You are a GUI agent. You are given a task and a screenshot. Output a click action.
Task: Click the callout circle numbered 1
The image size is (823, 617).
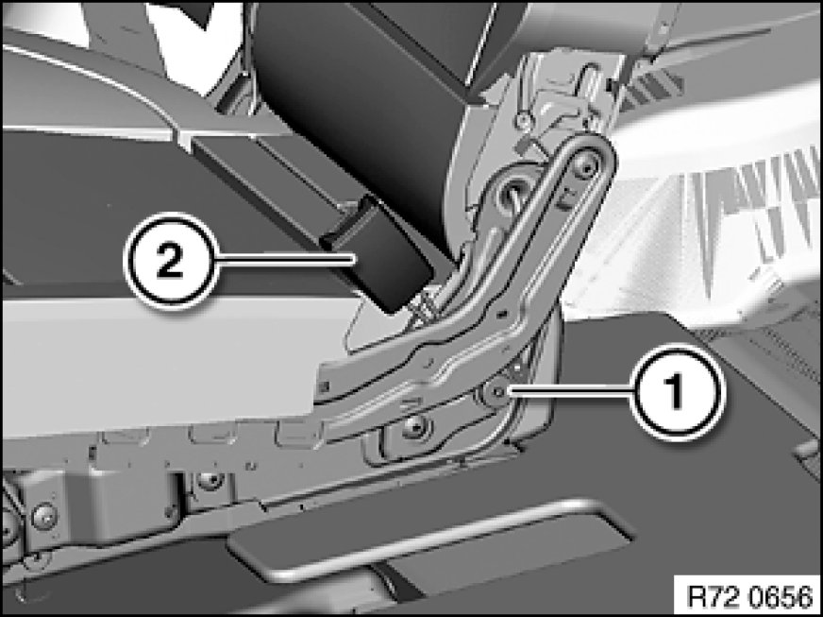[x=677, y=391]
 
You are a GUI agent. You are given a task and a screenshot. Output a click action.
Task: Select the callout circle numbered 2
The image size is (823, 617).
[x=171, y=260]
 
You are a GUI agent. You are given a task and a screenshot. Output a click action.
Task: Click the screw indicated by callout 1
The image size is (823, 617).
[x=495, y=391]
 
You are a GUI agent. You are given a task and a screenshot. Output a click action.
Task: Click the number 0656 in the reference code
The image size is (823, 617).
[x=779, y=597]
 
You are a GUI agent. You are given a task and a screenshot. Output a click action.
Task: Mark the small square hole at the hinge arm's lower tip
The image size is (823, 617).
[x=324, y=387]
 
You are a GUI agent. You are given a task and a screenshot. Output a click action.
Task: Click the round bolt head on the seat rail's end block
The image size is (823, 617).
[x=43, y=516]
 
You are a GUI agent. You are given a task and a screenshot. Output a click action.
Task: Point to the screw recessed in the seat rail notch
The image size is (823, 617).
[x=210, y=480]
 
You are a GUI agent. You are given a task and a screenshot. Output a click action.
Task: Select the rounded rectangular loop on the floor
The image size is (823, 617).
[x=430, y=540]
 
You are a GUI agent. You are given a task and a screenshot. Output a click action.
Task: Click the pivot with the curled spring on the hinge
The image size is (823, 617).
[x=512, y=194]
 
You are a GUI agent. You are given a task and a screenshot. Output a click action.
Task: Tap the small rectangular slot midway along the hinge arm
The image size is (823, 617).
[x=502, y=314]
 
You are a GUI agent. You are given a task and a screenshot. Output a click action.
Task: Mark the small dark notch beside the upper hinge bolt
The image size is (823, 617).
[x=566, y=199]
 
